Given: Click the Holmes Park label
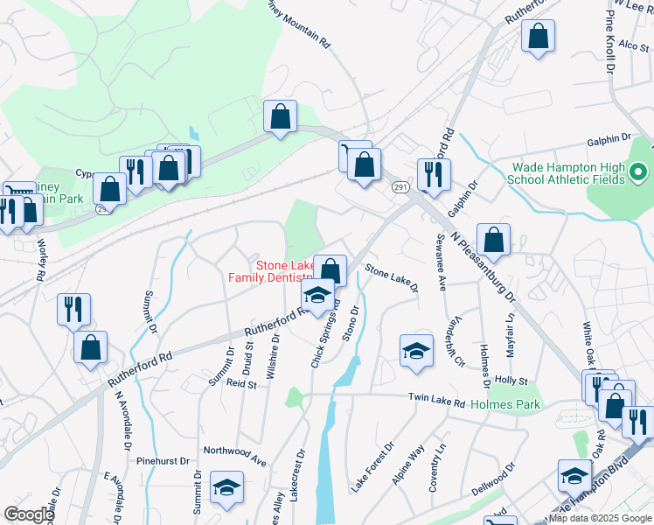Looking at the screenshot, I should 505,404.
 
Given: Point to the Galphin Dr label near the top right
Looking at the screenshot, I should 609,139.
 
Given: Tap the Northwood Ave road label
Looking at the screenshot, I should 234,455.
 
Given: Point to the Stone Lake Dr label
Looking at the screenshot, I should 392,279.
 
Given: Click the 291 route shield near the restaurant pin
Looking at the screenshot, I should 400,187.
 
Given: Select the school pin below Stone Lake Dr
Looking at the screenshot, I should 416,350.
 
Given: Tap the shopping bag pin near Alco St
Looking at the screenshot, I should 538,37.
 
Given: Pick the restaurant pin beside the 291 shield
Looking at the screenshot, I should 434,174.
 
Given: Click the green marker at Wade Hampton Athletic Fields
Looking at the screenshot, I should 637,172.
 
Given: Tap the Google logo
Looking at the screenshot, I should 29,514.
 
